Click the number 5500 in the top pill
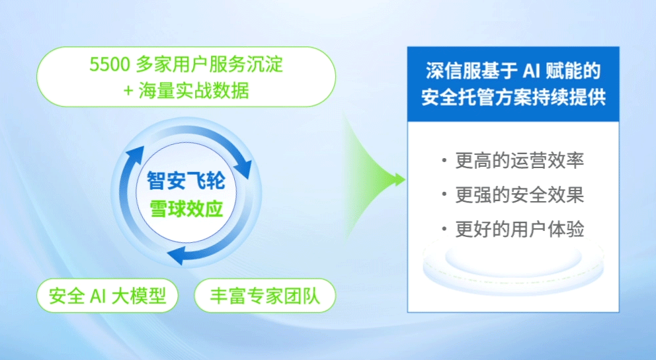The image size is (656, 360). tap(108, 66)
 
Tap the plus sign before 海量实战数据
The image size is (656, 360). tap(129, 91)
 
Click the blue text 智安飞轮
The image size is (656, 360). tap(185, 179)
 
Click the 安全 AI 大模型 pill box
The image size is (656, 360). tap(108, 296)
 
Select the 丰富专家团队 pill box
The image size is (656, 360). tap(265, 296)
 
